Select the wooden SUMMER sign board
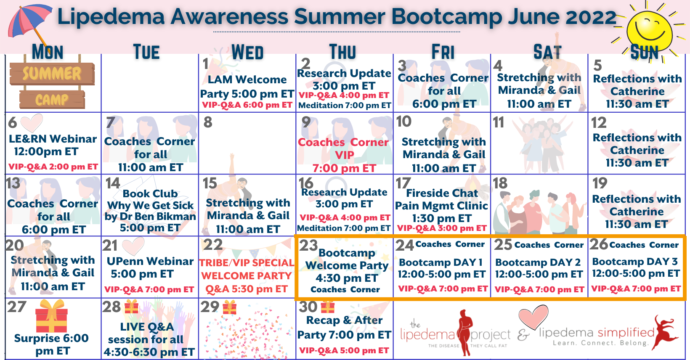(x=52, y=73)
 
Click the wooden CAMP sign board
(x=52, y=100)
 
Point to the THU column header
(x=342, y=51)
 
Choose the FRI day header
(x=443, y=51)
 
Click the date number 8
(x=208, y=122)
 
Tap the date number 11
(x=499, y=122)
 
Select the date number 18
(x=500, y=183)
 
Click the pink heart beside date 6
(x=32, y=122)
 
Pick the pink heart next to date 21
(x=133, y=246)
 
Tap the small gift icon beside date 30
(x=327, y=307)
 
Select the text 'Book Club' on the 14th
(x=150, y=193)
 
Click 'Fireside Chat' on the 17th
(x=442, y=193)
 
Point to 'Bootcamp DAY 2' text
(x=538, y=262)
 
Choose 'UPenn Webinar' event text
(x=150, y=261)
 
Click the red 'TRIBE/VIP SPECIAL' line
(x=247, y=263)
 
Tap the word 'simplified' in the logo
(x=626, y=333)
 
